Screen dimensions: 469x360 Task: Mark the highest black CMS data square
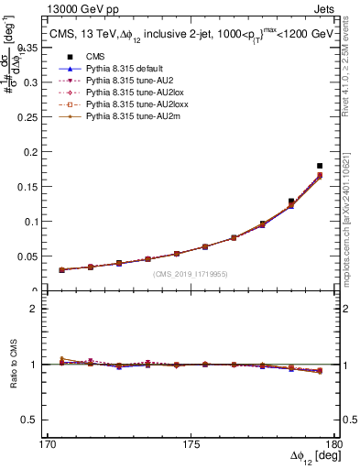coord(320,166)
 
